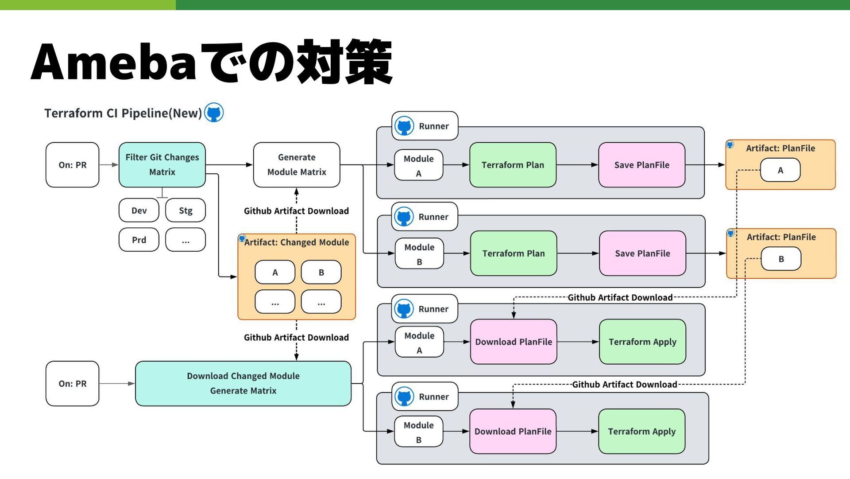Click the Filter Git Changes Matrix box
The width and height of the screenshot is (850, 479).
coord(162,165)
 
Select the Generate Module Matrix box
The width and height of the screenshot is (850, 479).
coord(297,165)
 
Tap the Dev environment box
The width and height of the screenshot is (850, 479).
coord(139,210)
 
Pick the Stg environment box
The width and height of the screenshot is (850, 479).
coord(185,210)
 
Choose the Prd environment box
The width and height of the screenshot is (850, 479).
coord(139,240)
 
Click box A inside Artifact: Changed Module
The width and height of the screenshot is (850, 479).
coord(275,272)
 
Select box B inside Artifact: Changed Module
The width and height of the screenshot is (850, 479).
coord(321,272)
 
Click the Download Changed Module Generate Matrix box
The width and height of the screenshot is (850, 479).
coord(243,383)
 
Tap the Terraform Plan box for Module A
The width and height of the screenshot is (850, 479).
coord(513,165)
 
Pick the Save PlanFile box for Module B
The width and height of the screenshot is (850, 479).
coord(642,253)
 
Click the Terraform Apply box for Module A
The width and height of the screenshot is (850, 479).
coord(642,342)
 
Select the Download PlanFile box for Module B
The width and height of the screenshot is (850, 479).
coord(513,431)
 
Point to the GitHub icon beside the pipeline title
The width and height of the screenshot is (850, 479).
coord(214,113)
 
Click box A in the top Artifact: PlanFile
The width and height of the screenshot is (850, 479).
coord(780,170)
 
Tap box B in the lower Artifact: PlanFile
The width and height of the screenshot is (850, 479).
coord(781,259)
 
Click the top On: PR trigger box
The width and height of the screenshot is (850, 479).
coord(73,165)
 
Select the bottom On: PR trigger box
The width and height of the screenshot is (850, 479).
coord(73,383)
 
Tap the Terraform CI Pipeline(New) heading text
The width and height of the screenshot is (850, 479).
coord(123,113)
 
